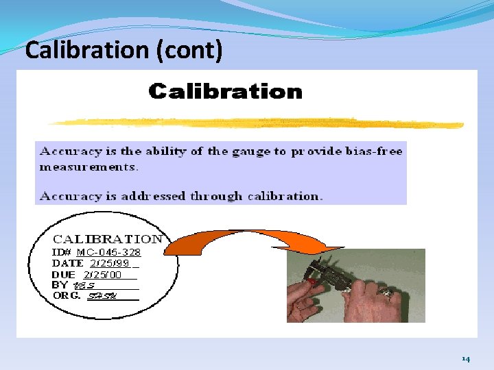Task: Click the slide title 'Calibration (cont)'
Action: (x=123, y=50)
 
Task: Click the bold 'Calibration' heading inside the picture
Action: (x=225, y=92)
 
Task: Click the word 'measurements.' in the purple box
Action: (x=89, y=166)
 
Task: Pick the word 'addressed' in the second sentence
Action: (x=154, y=196)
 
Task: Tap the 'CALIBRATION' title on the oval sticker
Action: (x=108, y=239)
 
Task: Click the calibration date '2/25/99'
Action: (x=109, y=263)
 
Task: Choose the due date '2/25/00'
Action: (x=102, y=274)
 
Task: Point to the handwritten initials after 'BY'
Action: (x=85, y=285)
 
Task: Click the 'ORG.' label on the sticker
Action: (x=67, y=296)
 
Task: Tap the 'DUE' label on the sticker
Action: (x=64, y=274)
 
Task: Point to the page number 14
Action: (x=466, y=359)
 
